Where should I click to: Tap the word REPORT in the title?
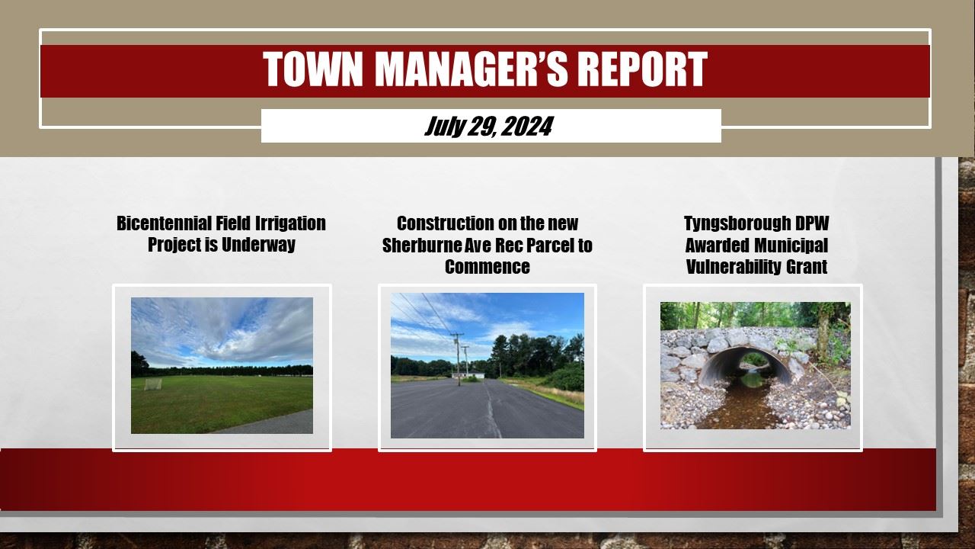pyautogui.click(x=641, y=70)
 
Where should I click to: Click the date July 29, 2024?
pyautogui.click(x=488, y=126)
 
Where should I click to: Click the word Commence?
pyautogui.click(x=487, y=267)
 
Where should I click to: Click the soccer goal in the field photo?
pyautogui.click(x=154, y=384)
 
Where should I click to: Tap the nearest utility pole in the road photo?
pyautogui.click(x=457, y=358)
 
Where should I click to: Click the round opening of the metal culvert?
pyautogui.click(x=746, y=366)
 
